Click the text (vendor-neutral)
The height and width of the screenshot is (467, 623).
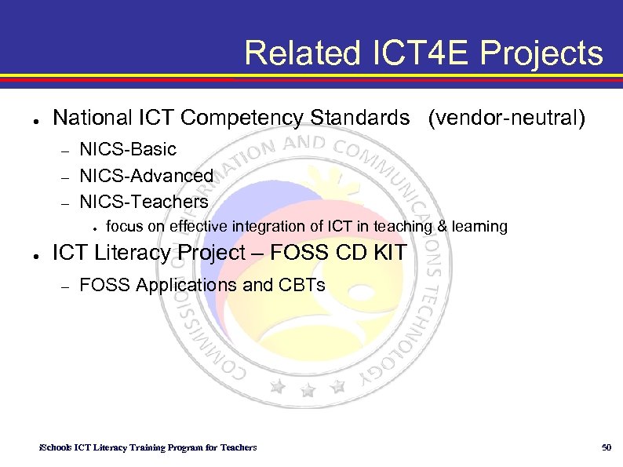(x=506, y=119)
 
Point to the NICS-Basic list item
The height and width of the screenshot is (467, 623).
(x=128, y=149)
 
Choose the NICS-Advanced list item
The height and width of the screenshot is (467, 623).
(x=147, y=175)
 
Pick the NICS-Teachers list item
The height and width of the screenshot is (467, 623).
(x=144, y=202)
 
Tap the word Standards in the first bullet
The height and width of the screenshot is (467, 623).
(x=360, y=119)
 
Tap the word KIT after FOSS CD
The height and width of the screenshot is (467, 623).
(x=386, y=253)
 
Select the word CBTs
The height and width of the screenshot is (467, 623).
(x=301, y=285)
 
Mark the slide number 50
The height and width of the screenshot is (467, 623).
(x=606, y=447)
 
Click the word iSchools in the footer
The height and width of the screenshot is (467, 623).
(x=56, y=447)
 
